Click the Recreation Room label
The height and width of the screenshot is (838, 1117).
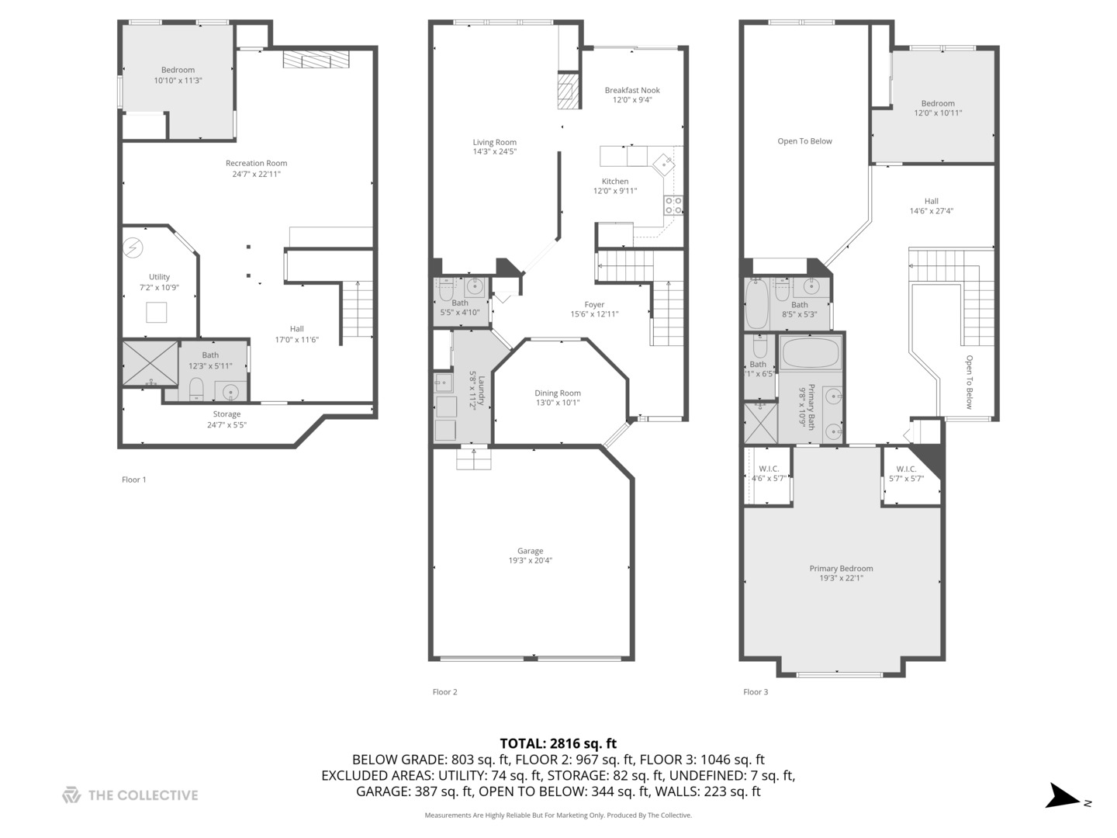pos(256,163)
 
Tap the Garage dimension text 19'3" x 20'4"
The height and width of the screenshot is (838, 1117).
pos(531,561)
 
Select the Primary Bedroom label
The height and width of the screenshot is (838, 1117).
pos(841,568)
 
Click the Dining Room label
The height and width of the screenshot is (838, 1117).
pos(557,393)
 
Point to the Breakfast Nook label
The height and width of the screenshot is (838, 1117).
pos(632,90)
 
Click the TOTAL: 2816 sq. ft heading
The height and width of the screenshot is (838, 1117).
pos(558,743)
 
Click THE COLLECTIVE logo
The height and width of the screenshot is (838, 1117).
pos(130,795)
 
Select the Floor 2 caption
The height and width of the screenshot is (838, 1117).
pos(444,692)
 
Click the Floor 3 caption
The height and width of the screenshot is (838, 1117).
pos(755,692)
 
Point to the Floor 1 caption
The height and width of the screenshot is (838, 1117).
pos(133,480)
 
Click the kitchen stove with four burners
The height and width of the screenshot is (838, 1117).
pos(673,206)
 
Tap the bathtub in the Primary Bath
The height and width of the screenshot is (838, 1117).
pos(811,353)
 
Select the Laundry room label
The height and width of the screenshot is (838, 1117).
pos(481,390)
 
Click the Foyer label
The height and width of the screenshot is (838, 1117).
pos(594,304)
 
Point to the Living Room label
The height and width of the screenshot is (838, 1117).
pos(494,142)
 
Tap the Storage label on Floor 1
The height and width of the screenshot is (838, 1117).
pos(227,414)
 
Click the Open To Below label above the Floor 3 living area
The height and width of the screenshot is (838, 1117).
pos(804,141)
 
